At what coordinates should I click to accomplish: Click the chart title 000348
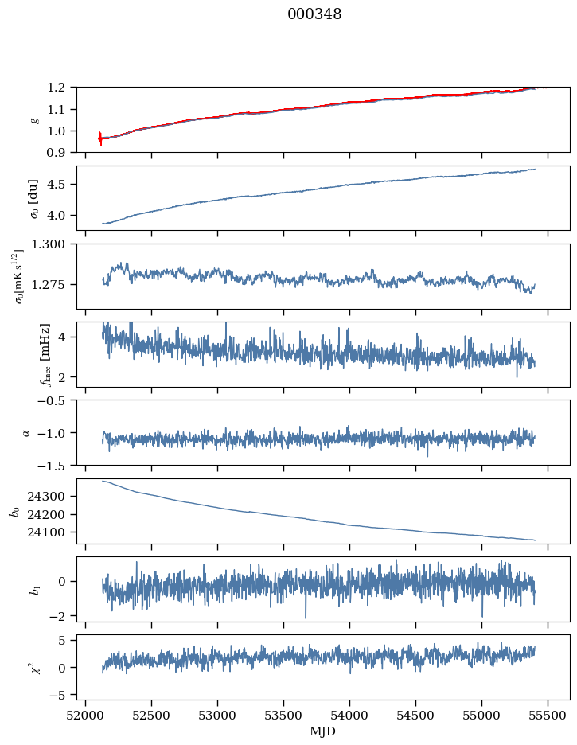(x=314, y=14)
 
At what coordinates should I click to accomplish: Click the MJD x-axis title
(x=323, y=731)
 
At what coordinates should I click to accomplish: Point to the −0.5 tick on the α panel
(x=54, y=400)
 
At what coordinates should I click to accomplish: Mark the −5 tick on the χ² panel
(x=60, y=695)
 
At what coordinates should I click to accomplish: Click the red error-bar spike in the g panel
(x=100, y=138)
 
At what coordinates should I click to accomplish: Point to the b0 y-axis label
(x=14, y=511)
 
